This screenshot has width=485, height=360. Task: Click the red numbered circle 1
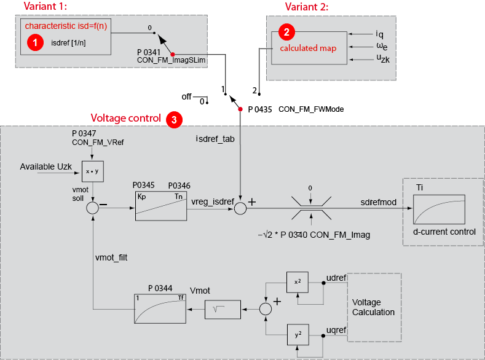click(x=36, y=42)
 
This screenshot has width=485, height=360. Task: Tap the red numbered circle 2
click(x=285, y=32)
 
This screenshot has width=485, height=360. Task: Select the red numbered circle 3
click(x=174, y=120)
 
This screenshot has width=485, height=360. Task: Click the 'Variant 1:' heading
click(x=46, y=7)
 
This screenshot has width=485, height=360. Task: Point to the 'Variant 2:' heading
click(x=307, y=7)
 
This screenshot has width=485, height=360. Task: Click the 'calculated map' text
click(x=308, y=49)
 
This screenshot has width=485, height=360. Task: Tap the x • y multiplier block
click(x=92, y=171)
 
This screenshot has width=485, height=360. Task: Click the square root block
click(x=223, y=309)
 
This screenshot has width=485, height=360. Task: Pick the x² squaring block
click(x=298, y=281)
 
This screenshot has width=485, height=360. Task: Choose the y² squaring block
click(x=298, y=335)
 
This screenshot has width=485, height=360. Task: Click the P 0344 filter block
click(x=160, y=308)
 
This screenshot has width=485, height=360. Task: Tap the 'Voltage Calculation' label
click(x=373, y=307)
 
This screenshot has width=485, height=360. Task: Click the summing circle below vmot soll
click(x=92, y=208)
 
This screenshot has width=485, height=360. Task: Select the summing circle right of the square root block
click(x=265, y=309)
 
